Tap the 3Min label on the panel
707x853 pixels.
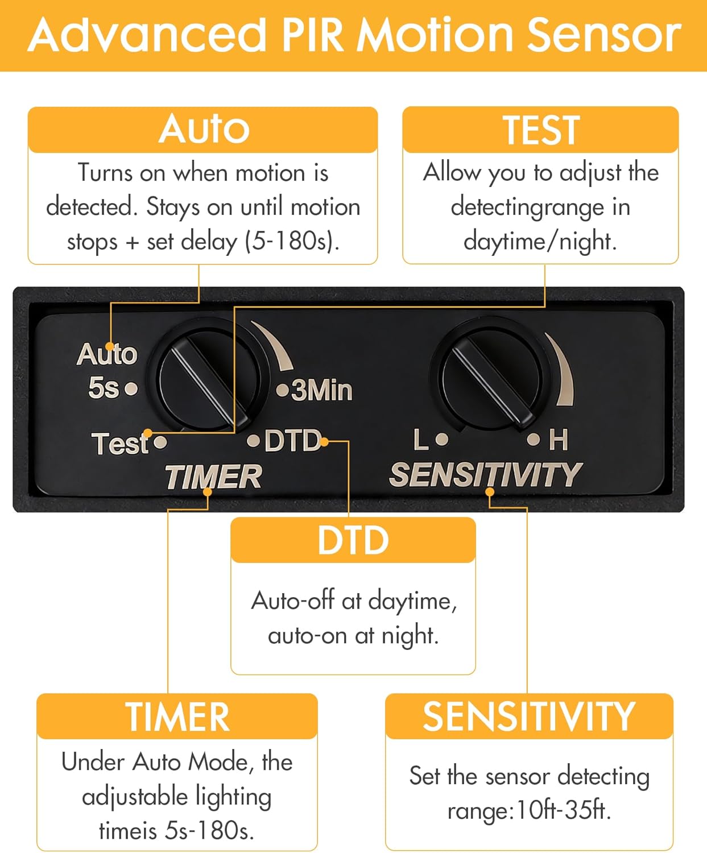(x=321, y=390)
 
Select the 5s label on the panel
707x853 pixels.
(x=104, y=387)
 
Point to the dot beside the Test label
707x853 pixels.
(x=160, y=442)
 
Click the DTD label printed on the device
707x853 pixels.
(x=293, y=440)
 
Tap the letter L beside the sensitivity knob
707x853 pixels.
(x=421, y=440)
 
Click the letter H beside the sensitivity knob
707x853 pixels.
(x=558, y=440)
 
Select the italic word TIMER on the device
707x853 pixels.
(x=213, y=477)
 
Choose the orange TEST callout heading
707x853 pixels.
(x=541, y=130)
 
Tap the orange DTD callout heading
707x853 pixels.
(x=353, y=540)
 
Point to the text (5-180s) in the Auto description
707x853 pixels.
(x=292, y=241)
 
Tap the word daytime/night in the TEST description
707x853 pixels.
(x=540, y=242)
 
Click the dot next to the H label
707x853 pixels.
(x=533, y=440)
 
